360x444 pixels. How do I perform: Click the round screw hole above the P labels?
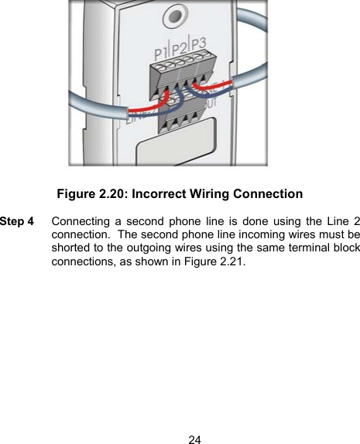click(x=181, y=15)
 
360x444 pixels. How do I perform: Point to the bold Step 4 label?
click(x=17, y=221)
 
